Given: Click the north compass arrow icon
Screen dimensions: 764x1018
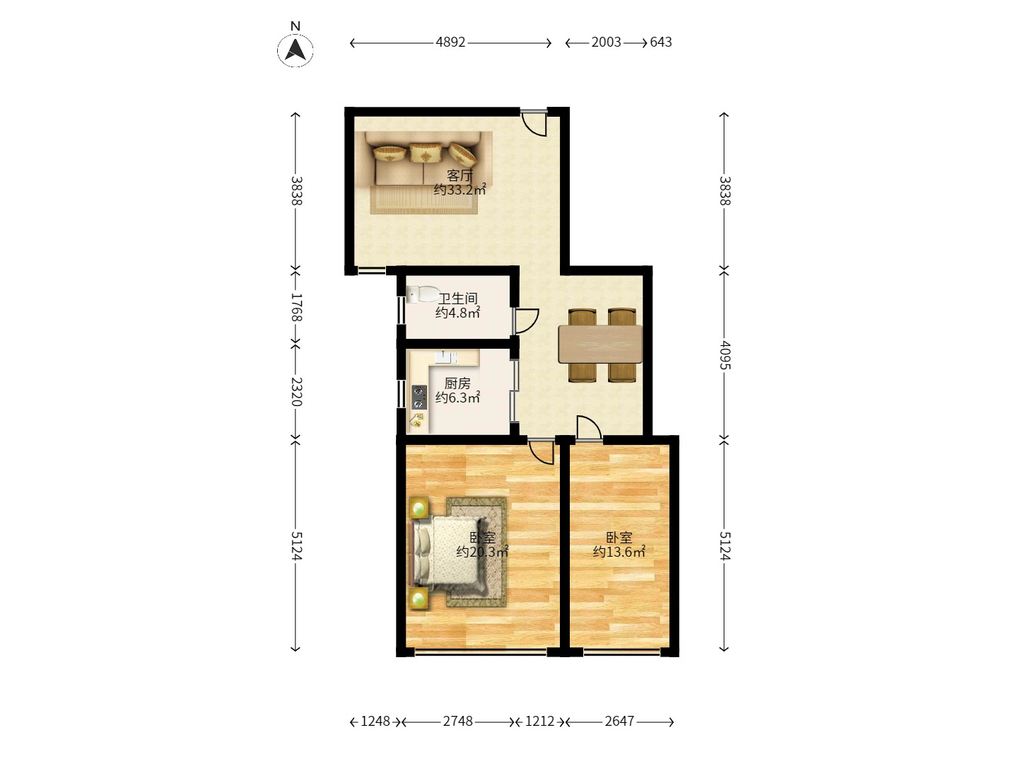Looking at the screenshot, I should click(x=296, y=50).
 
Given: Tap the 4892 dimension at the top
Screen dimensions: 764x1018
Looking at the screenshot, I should click(x=450, y=42).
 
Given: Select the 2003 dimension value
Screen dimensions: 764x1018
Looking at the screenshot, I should click(x=606, y=42).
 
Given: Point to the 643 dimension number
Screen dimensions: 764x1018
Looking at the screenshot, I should click(x=661, y=42).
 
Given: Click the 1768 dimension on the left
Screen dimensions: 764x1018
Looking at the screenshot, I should click(x=296, y=308).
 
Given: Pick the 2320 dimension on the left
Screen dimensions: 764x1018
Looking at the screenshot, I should click(x=296, y=391).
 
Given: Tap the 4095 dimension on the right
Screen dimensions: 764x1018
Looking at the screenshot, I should click(x=725, y=355).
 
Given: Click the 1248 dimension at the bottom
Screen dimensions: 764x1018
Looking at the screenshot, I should click(x=375, y=722).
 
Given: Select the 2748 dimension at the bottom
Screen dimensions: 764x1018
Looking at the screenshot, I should click(x=458, y=722).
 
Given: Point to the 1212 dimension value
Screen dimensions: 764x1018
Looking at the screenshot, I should click(x=539, y=722).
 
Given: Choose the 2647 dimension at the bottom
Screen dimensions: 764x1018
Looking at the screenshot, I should click(x=619, y=722).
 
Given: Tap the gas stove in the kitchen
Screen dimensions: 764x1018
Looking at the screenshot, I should click(x=419, y=397).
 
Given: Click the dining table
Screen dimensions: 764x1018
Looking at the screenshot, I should click(x=600, y=344).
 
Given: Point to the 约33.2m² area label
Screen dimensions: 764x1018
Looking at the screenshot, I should click(x=460, y=190).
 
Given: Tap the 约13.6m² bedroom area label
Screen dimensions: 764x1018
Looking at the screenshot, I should click(x=619, y=552).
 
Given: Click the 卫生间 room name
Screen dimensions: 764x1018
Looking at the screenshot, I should click(x=457, y=299).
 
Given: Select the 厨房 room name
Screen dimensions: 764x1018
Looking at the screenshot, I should click(x=457, y=383).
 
